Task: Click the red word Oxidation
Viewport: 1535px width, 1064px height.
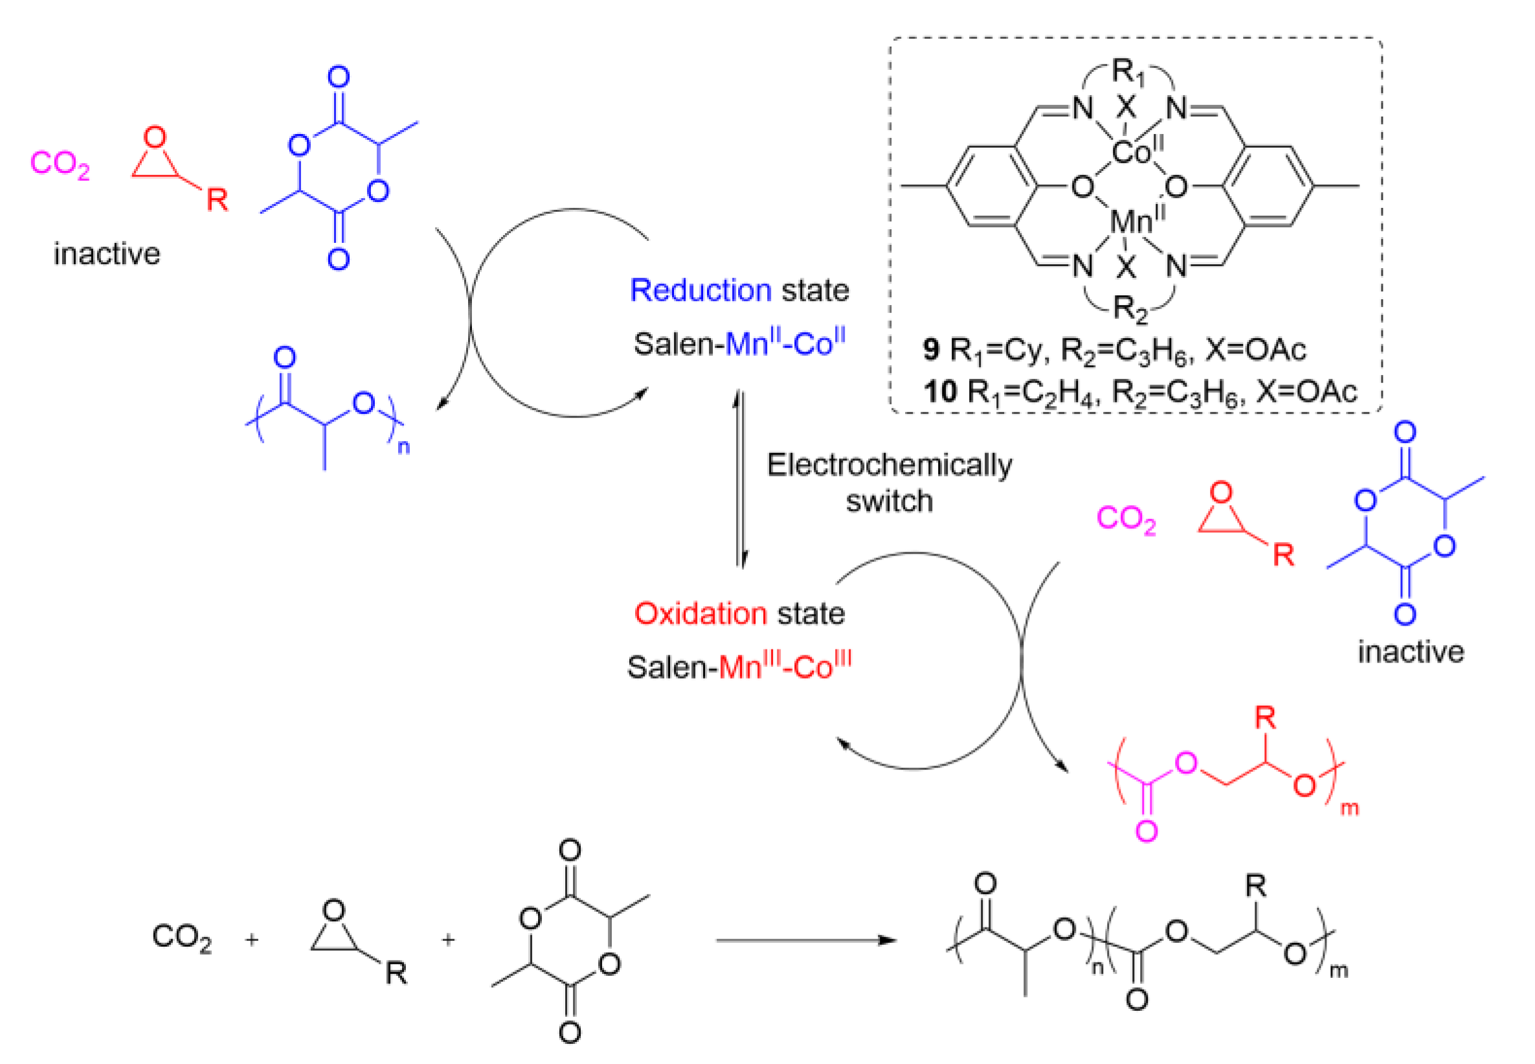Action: [700, 613]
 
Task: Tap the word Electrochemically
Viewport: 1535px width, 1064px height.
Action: [889, 465]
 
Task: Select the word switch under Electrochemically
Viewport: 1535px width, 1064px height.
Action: [889, 501]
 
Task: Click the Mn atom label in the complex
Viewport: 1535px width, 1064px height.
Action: [1130, 221]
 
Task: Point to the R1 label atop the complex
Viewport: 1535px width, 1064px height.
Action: [1128, 72]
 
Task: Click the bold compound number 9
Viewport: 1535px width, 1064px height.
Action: [931, 349]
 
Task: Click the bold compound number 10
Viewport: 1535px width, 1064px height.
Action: [940, 391]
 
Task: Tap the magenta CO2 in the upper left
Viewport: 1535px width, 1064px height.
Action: [60, 164]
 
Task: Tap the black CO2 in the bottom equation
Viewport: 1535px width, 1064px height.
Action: [181, 937]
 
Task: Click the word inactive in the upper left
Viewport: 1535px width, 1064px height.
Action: [107, 254]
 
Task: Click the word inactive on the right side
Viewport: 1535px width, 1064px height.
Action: [1410, 652]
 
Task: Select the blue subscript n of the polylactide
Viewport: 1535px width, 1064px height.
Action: [403, 447]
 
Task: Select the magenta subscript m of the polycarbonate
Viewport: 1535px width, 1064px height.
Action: [1349, 809]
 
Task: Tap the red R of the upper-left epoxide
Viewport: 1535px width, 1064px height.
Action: [217, 200]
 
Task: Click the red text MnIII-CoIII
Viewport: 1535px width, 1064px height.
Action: [785, 666]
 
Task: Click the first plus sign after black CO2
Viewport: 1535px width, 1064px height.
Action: [251, 940]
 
